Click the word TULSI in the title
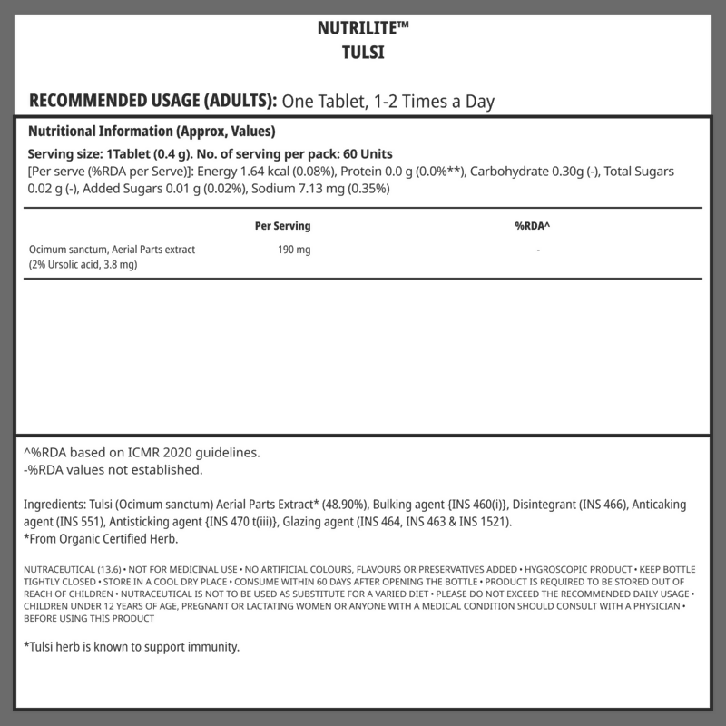pyautogui.click(x=363, y=52)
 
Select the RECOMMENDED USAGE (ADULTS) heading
pyautogui.click(x=153, y=100)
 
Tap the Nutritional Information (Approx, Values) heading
pyautogui.click(x=152, y=131)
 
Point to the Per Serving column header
pyautogui.click(x=284, y=226)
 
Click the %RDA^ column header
pyautogui.click(x=533, y=226)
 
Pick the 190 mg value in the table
pyautogui.click(x=293, y=250)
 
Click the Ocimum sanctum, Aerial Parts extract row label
pyautogui.click(x=112, y=250)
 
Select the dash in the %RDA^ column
pyautogui.click(x=538, y=250)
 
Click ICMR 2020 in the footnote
pyautogui.click(x=153, y=453)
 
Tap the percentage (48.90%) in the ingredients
pyautogui.click(x=362, y=505)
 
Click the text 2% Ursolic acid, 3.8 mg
pyautogui.click(x=84, y=264)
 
